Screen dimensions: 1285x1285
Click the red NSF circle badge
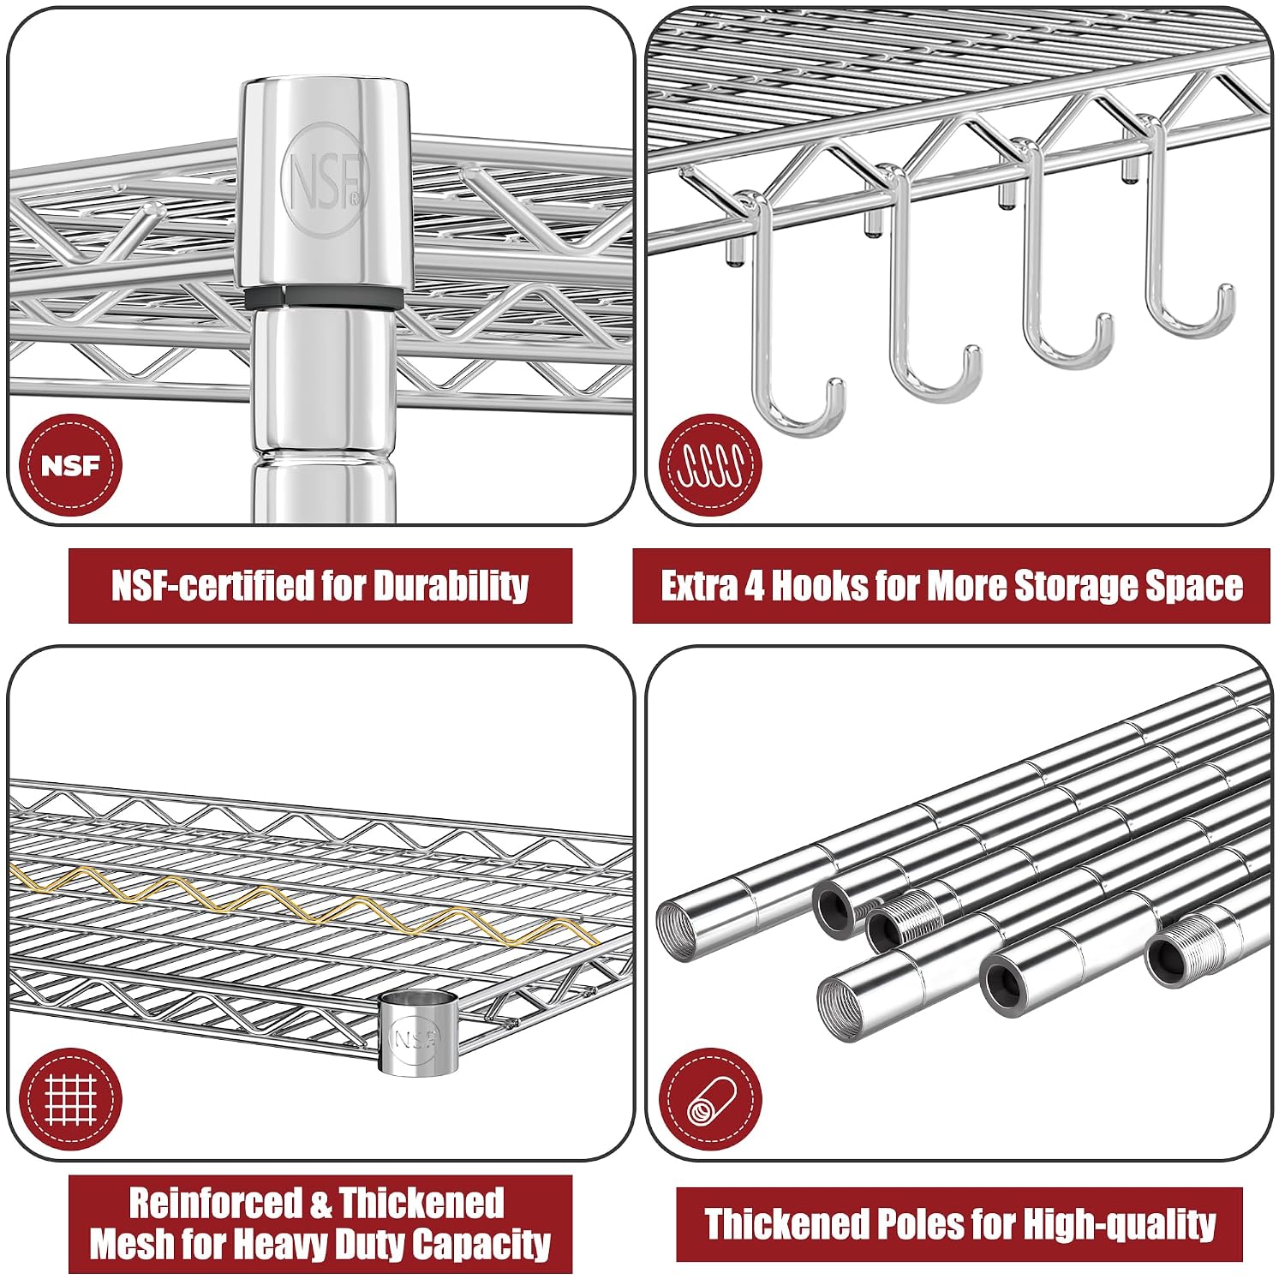pyautogui.click(x=70, y=466)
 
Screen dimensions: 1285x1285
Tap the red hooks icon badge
pyautogui.click(x=710, y=466)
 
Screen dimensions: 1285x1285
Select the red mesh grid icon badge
pyautogui.click(x=70, y=1100)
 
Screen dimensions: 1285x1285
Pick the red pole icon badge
pyautogui.click(x=710, y=1100)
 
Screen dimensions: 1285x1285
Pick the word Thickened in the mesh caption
pyautogui.click(x=421, y=1203)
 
